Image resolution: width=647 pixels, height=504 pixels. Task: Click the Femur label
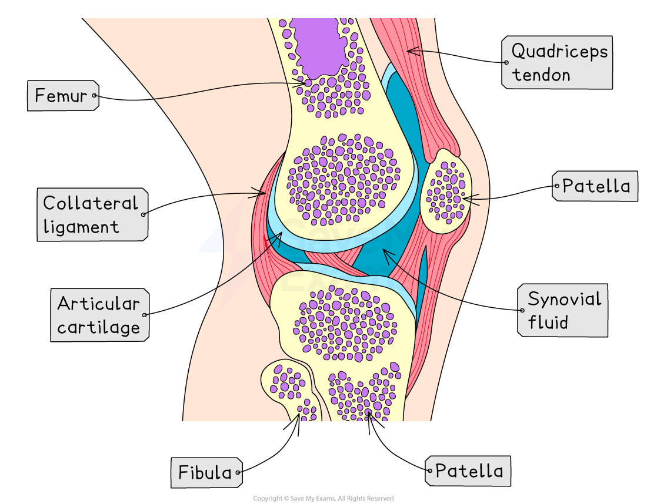point(61,96)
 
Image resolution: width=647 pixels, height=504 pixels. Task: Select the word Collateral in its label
point(90,203)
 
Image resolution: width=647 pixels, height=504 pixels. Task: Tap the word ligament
point(81,227)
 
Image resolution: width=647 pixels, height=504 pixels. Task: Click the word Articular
point(98,304)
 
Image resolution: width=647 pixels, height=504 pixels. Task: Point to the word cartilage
point(98,327)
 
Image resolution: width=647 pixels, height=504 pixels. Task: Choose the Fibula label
point(205,472)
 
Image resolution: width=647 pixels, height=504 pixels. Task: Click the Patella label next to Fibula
point(469,471)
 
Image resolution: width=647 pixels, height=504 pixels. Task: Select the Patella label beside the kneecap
point(596,186)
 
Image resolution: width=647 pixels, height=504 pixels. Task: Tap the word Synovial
point(564,299)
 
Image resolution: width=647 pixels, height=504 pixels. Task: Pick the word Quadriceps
point(559,51)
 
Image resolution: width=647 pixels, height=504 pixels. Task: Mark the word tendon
point(541,75)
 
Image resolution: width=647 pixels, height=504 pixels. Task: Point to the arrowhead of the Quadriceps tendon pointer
point(410,50)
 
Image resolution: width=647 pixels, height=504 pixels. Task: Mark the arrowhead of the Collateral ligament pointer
point(263,191)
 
